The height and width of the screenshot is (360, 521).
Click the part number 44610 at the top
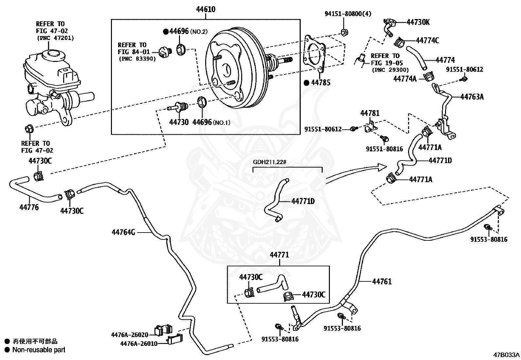pos(206,9)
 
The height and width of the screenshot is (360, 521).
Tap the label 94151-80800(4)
pos(348,14)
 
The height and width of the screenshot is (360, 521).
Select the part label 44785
pos(321,83)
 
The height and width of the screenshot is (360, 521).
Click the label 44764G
pos(123,232)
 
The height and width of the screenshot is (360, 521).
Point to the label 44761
pos(382,281)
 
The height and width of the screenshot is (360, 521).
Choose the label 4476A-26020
pos(130,335)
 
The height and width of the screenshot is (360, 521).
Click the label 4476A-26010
pos(139,344)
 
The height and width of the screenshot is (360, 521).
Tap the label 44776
pos(29,207)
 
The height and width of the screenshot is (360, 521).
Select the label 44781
pos(370,113)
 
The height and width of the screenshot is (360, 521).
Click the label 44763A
pos(472,97)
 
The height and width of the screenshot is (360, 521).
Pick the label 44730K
pos(418,22)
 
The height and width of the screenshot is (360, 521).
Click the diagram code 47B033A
pos(506,355)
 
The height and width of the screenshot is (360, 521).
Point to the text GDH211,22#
pos(270,162)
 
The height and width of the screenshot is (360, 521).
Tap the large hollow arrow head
pos(382,167)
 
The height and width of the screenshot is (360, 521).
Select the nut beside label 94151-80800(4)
pos(345,32)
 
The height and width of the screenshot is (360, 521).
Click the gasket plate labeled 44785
pos(314,53)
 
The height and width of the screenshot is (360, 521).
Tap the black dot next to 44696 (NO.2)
pos(166,32)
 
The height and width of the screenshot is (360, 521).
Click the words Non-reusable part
pos(39,350)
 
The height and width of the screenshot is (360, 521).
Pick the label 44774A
pos(405,79)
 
